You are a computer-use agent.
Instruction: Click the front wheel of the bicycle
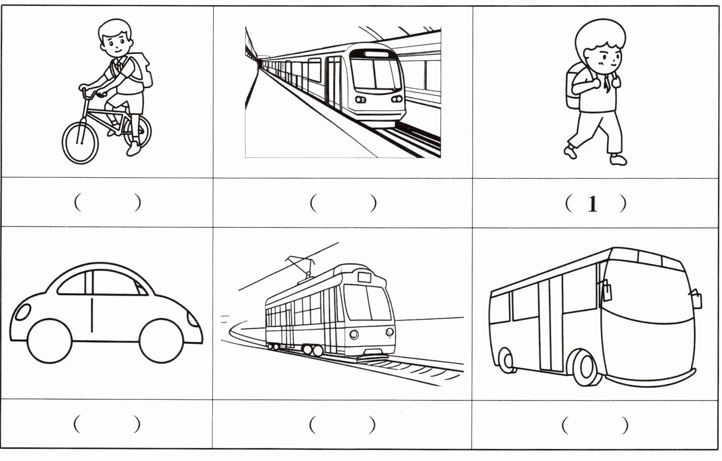80,142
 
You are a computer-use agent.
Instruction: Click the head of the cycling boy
115,38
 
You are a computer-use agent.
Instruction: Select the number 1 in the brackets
592,204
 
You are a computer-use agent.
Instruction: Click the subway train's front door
334,83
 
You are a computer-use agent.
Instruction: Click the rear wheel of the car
50,341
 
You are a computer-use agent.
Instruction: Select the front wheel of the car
161,341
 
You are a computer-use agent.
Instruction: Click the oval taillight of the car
23,312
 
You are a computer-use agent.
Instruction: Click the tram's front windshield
367,302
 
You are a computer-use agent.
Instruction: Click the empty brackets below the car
107,424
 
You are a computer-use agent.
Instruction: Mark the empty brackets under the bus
595,425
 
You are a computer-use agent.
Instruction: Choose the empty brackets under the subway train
343,203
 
